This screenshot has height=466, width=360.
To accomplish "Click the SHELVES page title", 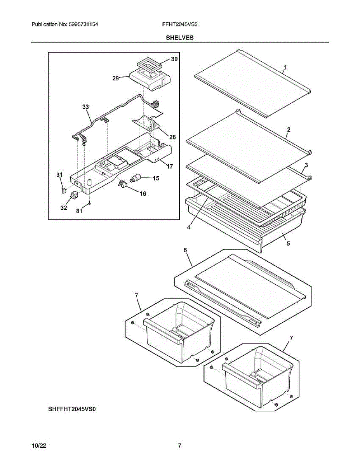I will (x=180, y=38).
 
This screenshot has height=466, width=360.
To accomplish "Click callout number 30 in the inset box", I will (x=174, y=59).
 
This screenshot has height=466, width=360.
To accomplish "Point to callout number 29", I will (x=116, y=78).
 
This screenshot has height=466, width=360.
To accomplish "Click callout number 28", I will (x=172, y=137).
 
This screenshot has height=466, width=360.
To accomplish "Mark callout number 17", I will (x=170, y=166).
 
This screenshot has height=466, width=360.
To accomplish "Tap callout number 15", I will (x=156, y=178).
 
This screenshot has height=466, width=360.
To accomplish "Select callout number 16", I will (x=143, y=193).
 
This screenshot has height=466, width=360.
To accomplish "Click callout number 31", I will (x=59, y=175).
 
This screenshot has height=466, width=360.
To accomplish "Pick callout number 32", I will (x=64, y=208).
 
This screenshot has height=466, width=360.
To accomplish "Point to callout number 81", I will (x=79, y=211).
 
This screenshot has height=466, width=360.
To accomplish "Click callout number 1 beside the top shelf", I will (x=285, y=68).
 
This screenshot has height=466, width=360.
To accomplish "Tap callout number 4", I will (x=188, y=228).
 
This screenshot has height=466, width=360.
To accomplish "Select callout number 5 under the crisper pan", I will (x=288, y=244).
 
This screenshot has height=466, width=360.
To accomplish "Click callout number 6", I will (x=185, y=250).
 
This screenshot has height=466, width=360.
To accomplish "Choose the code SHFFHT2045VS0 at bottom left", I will (x=72, y=409).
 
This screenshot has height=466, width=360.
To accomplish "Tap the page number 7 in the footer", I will (x=179, y=446).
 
